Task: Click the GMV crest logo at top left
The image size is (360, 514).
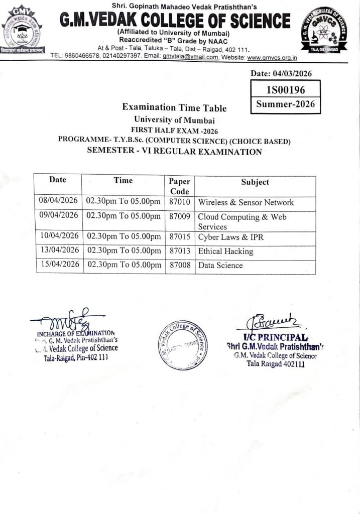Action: (23, 29)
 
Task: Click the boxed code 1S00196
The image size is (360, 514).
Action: (285, 90)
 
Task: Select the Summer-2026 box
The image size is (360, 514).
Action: (285, 104)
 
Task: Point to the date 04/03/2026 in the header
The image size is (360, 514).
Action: (281, 73)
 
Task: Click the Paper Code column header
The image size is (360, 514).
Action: (179, 186)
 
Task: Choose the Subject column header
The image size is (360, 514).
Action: (255, 182)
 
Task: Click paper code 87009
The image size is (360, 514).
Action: (180, 217)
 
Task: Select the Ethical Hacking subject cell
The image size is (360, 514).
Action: (226, 251)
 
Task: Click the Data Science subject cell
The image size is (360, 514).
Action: (220, 266)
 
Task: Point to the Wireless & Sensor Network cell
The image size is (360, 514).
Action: (246, 203)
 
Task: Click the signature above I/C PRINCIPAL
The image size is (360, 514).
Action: (270, 322)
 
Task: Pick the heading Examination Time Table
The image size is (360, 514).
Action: (174, 108)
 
